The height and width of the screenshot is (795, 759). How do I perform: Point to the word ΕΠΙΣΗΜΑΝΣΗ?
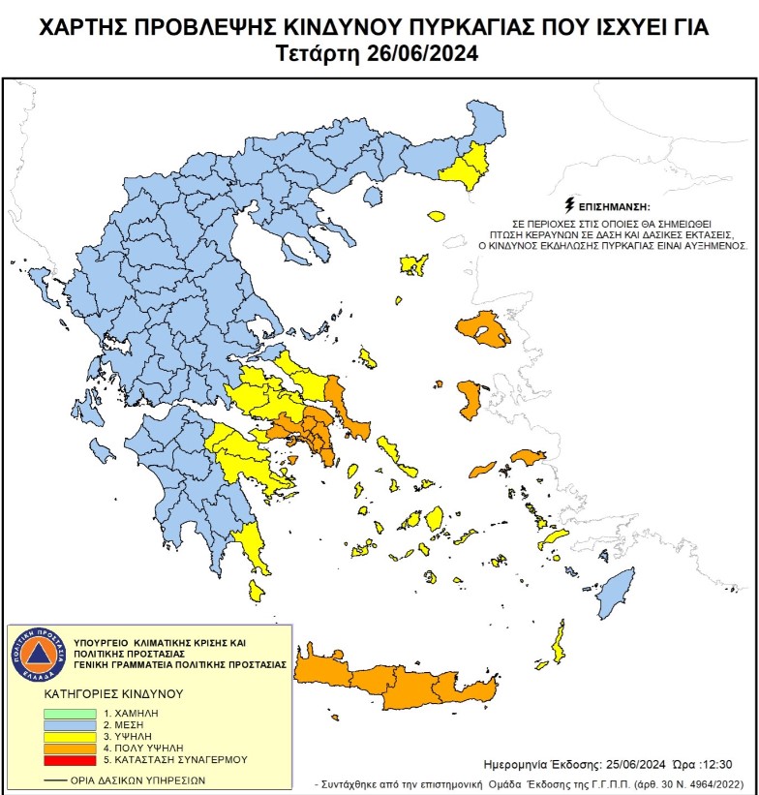(614, 208)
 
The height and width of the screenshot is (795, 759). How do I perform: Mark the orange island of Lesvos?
(484, 329)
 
